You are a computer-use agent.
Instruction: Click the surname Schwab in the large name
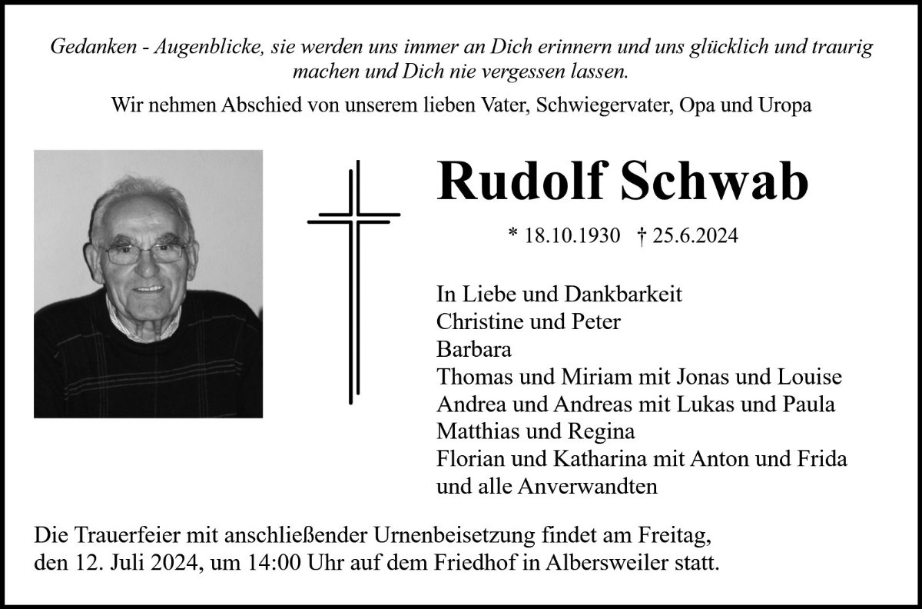[x=723, y=183]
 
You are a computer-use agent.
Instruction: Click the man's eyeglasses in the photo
[x=145, y=252]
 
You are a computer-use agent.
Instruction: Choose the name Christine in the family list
[x=473, y=322]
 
